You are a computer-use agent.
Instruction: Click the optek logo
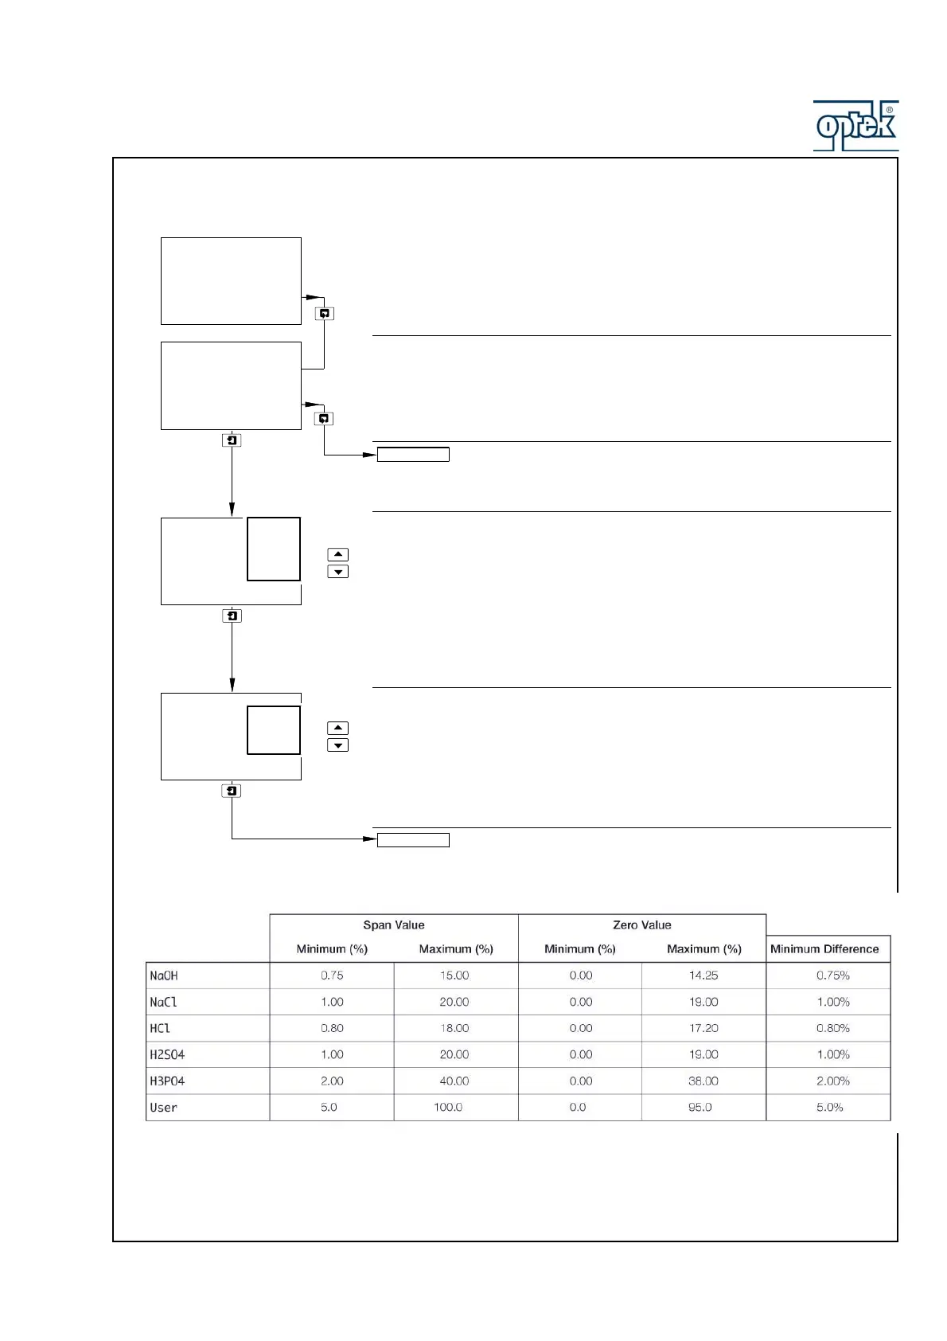pyautogui.click(x=855, y=126)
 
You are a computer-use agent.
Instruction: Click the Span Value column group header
pyautogui.click(x=394, y=925)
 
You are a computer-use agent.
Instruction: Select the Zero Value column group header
pyautogui.click(x=641, y=925)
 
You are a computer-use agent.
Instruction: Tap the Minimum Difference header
pyautogui.click(x=824, y=949)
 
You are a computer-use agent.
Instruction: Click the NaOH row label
pyautogui.click(x=164, y=975)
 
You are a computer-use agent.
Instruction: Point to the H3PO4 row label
pyautogui.click(x=167, y=1081)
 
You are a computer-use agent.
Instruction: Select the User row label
pyautogui.click(x=164, y=1108)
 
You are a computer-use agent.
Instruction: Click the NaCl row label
pyautogui.click(x=164, y=1003)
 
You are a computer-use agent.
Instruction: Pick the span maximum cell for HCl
pyautogui.click(x=454, y=1028)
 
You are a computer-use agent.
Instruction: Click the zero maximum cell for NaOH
pyautogui.click(x=703, y=975)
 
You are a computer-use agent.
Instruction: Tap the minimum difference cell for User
pyautogui.click(x=829, y=1108)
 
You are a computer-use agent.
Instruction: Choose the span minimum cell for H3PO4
pyautogui.click(x=332, y=1081)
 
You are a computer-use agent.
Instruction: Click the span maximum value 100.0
pyautogui.click(x=448, y=1108)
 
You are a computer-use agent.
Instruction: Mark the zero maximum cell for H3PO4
pyautogui.click(x=703, y=1081)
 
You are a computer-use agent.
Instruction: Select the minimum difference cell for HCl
pyautogui.click(x=832, y=1028)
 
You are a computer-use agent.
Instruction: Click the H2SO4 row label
pyautogui.click(x=167, y=1055)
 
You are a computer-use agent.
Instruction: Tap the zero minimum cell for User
pyautogui.click(x=578, y=1108)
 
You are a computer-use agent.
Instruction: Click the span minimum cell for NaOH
pyautogui.click(x=332, y=975)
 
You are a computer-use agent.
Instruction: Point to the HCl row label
pyautogui.click(x=160, y=1029)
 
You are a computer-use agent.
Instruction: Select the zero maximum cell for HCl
pyautogui.click(x=703, y=1028)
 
